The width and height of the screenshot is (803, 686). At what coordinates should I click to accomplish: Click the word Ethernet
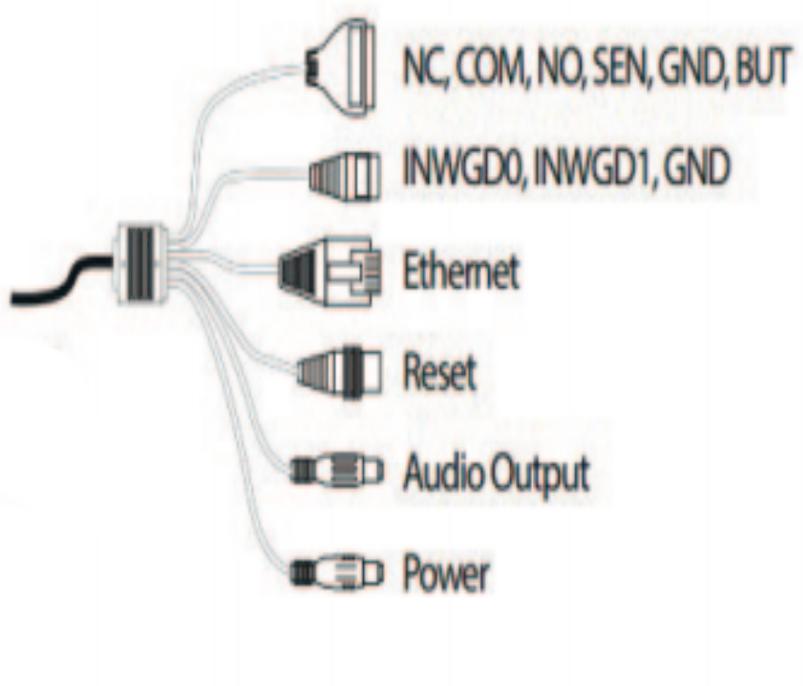[461, 271]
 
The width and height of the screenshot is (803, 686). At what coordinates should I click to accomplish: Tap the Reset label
[440, 371]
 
